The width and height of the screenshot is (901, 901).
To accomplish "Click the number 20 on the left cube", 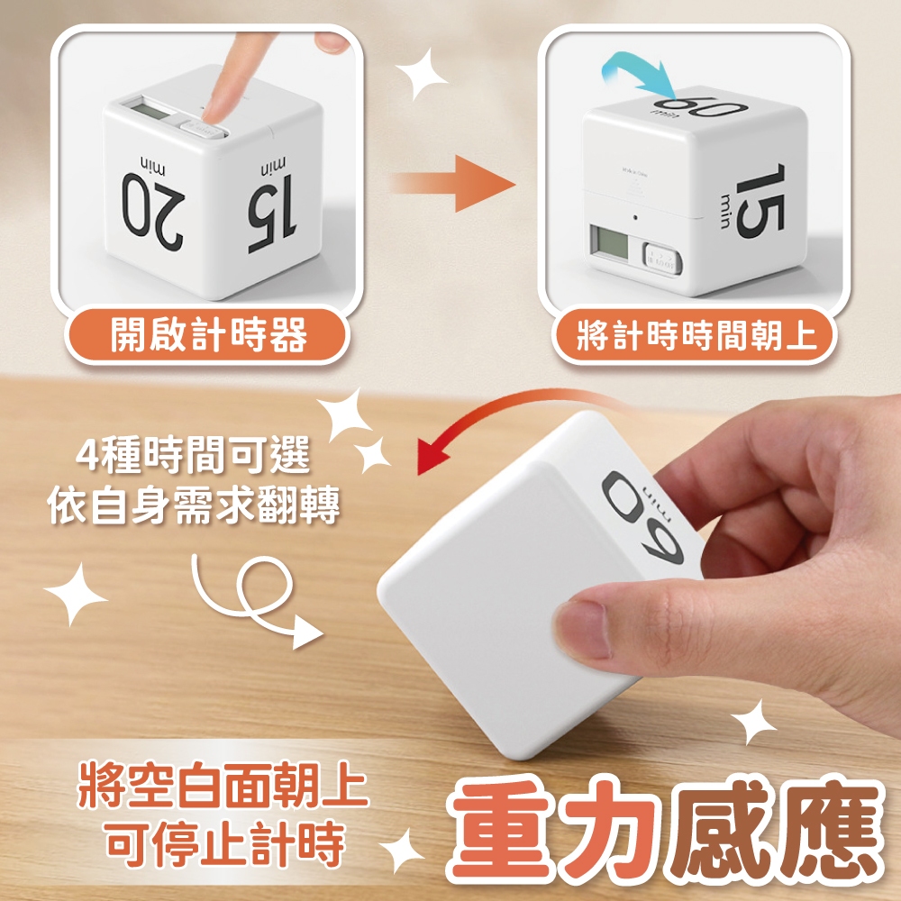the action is pos(153,211).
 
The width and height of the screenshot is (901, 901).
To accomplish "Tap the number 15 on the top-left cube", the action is pos(271,214).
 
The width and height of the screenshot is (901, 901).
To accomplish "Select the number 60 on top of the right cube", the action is pos(700,108).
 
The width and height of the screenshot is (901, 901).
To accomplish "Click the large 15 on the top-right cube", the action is pos(760,200).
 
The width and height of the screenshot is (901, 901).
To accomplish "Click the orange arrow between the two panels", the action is pos(453,183).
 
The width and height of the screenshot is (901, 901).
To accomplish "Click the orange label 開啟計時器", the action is pos(208,335).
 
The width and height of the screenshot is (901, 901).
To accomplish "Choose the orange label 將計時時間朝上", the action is pos(695,335).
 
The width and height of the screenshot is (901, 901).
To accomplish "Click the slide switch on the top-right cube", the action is pos(660,259).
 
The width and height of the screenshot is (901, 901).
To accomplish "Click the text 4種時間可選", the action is pos(193,454).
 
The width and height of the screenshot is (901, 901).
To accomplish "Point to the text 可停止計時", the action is pos(224,843).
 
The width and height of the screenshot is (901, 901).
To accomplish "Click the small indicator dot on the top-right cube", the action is pos(635,217).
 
